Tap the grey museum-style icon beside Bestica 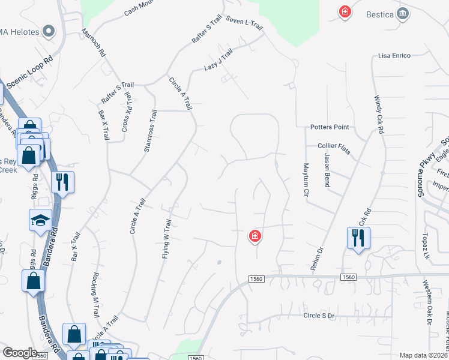click(403, 13)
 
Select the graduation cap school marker click(40, 220)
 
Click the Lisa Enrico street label click(394, 56)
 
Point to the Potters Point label click(330, 127)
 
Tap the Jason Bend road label click(327, 170)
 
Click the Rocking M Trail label click(95, 295)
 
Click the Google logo click(19, 353)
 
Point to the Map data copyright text click(423, 355)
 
